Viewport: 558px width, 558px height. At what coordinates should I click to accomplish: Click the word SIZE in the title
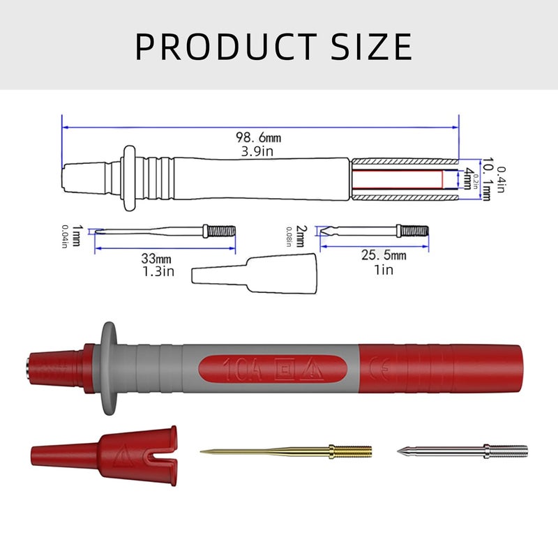pos(372,47)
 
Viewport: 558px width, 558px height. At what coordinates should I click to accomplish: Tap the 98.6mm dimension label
pos(258,137)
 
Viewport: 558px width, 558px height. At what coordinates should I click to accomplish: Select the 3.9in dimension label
pos(257,151)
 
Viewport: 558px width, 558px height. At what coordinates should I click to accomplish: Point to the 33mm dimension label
pos(156,258)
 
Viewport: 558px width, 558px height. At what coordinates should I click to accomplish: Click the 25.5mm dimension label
pos(384,255)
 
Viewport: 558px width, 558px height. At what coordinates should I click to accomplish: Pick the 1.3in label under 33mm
pos(158,271)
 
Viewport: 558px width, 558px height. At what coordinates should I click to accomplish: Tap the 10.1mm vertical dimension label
pos(487,179)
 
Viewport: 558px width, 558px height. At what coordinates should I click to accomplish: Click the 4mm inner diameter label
pos(467,179)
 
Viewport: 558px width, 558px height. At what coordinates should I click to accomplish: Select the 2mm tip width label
pos(300,236)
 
